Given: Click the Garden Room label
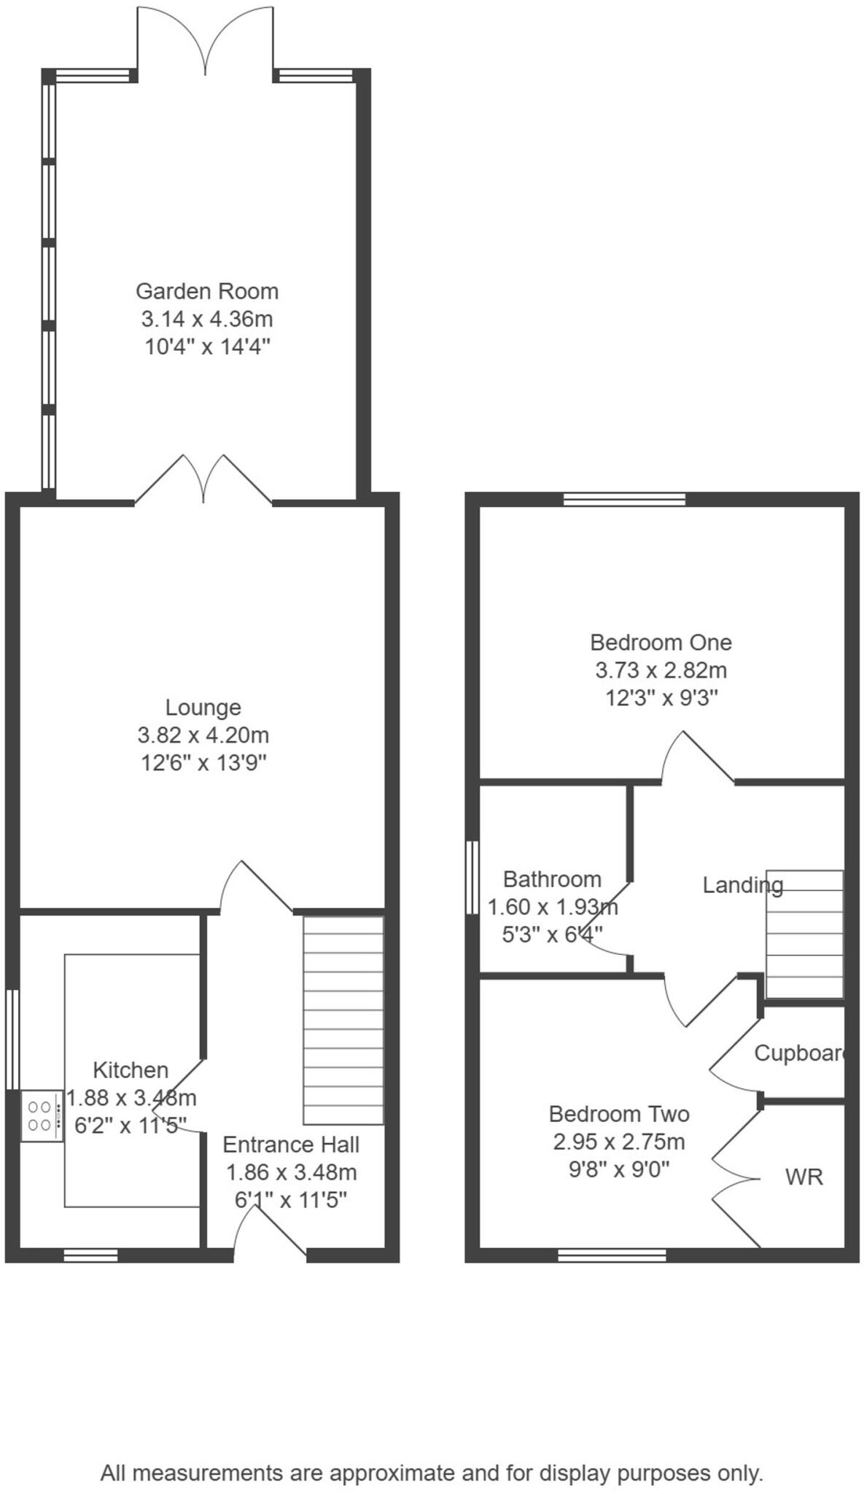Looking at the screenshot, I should click(207, 291).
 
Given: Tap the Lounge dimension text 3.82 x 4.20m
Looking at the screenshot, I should click(203, 735).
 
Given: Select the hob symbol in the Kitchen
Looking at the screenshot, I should click(43, 1115).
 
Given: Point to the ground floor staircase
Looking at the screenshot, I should click(343, 1020).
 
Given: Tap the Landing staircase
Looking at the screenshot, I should click(804, 934).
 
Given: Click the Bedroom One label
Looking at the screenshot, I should click(661, 642).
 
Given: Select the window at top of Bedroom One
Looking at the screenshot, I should click(625, 499).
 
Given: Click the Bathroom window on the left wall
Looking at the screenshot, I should click(472, 877).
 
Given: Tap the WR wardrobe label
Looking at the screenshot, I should click(804, 1177).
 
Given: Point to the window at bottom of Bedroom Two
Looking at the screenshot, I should click(612, 1255).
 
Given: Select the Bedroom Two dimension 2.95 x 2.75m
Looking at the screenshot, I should click(619, 1142).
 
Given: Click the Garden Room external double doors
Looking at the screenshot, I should click(206, 40).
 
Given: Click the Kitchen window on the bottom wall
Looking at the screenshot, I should click(90, 1255).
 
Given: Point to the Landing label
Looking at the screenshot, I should click(742, 885).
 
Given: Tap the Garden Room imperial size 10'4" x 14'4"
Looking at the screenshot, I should click(207, 347).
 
